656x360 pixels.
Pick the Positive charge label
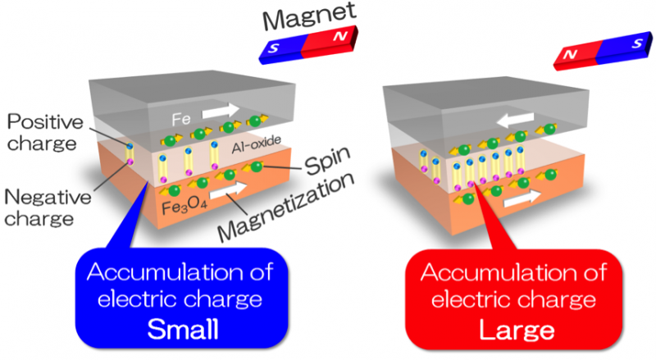tap(44, 133)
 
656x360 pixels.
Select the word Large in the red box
tap(505, 329)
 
